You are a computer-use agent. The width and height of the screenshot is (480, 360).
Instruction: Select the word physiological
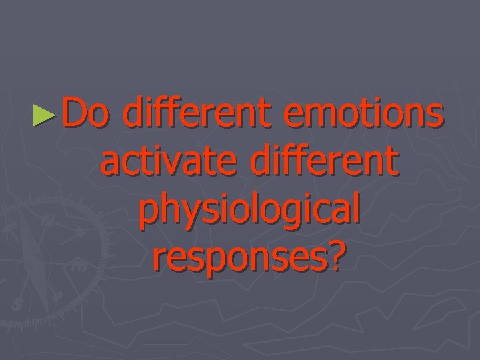click(251, 213)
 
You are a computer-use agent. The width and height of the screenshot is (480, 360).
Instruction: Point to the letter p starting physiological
click(149, 215)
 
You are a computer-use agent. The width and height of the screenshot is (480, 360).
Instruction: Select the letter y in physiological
click(189, 215)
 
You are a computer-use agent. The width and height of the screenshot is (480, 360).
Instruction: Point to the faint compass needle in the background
click(30, 253)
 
